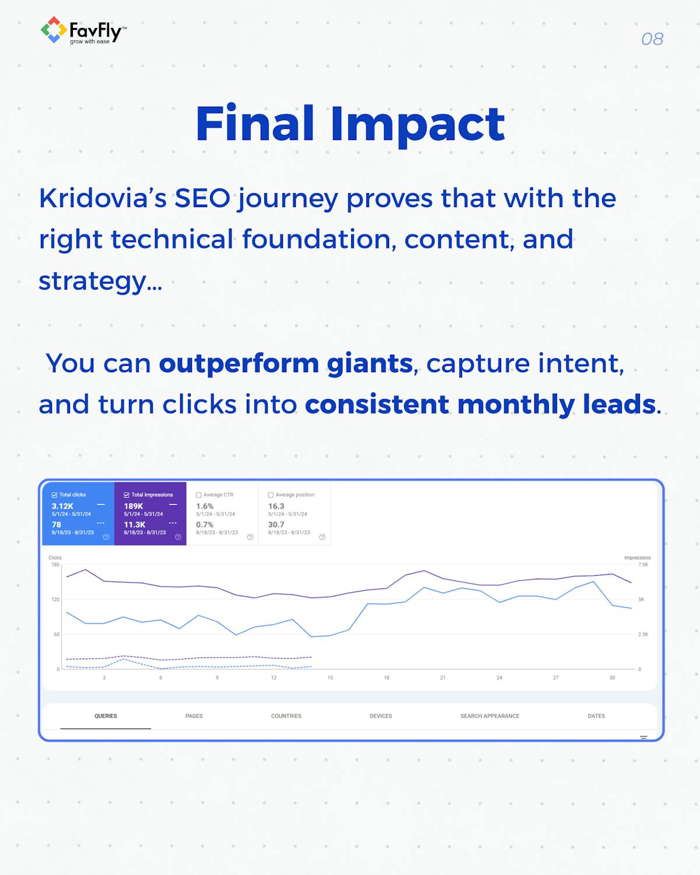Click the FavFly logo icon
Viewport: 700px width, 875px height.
tap(54, 30)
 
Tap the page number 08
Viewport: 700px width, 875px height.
tap(652, 39)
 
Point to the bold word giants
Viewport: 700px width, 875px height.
tap(370, 363)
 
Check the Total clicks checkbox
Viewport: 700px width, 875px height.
tap(54, 495)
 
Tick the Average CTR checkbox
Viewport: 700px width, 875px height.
tap(198, 495)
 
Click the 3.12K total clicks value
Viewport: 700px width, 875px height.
tap(62, 506)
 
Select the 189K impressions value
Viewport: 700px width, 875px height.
tap(134, 506)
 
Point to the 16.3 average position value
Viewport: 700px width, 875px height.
tap(276, 506)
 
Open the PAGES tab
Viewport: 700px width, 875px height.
tap(194, 716)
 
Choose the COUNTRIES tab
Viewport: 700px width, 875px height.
tap(286, 716)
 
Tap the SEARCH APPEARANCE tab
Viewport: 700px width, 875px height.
tap(490, 716)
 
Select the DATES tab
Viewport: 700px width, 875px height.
tap(596, 716)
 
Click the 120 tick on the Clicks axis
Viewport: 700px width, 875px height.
tap(55, 599)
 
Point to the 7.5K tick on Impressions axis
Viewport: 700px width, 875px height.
tap(643, 564)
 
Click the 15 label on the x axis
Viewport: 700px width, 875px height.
tap(330, 677)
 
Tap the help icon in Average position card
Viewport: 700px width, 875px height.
tap(322, 537)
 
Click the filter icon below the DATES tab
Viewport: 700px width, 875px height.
tap(643, 737)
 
